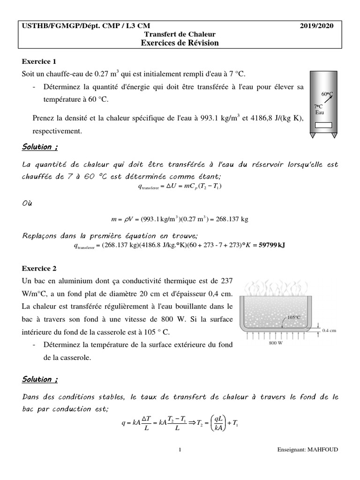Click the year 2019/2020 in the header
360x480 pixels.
(317, 27)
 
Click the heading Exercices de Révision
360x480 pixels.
(180, 43)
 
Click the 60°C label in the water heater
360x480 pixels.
(327, 94)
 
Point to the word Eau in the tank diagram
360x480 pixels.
(320, 112)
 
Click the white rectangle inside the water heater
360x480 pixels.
(323, 125)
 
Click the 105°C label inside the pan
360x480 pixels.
(293, 317)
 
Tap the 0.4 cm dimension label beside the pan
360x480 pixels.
(331, 330)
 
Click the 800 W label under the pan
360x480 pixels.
(275, 343)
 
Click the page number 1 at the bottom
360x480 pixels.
(180, 450)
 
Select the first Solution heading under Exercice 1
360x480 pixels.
(40, 147)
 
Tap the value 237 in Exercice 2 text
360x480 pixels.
(225, 281)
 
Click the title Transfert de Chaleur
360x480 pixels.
(180, 35)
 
